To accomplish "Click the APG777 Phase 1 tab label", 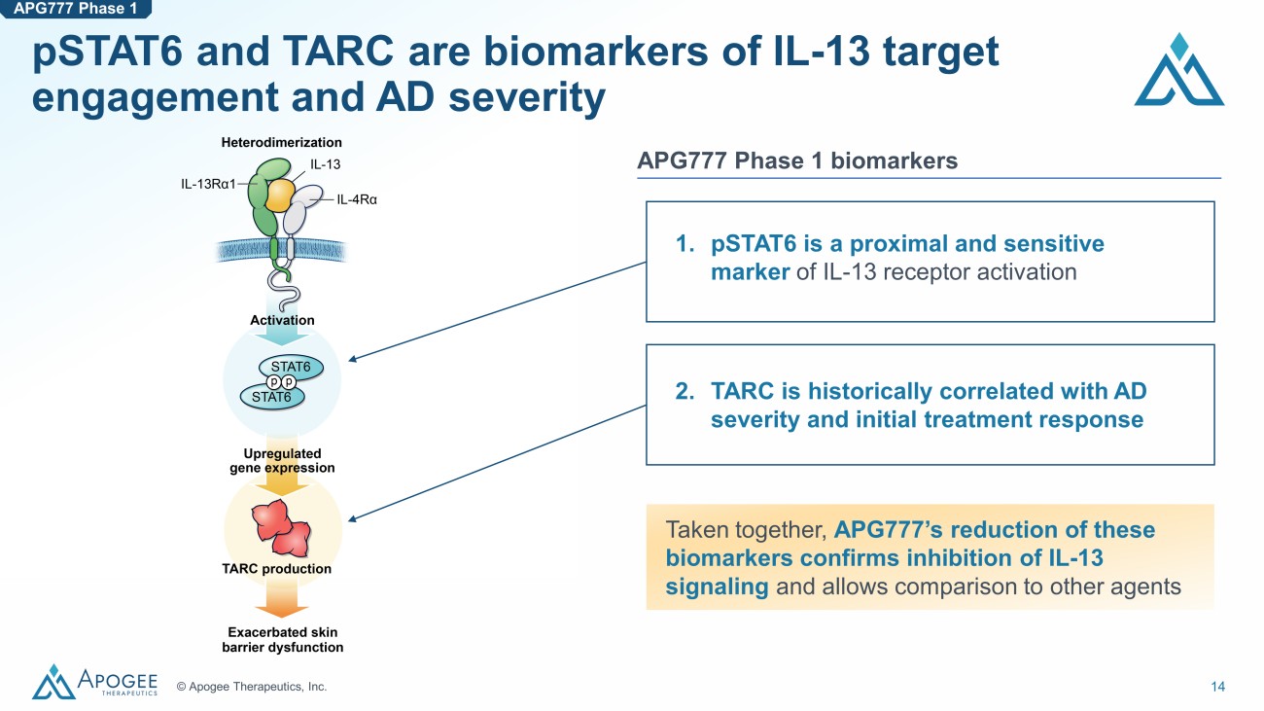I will pyautogui.click(x=75, y=11).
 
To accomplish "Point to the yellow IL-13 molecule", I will pyautogui.click(x=278, y=195).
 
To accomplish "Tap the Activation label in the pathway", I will pyautogui.click(x=281, y=320).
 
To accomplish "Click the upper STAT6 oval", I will pyautogui.click(x=290, y=367).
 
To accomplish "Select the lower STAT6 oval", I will pyautogui.click(x=271, y=397).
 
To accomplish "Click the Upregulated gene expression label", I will pyautogui.click(x=282, y=460).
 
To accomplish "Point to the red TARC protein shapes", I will pyautogui.click(x=282, y=526).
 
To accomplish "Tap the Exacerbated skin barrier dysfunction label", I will pyautogui.click(x=282, y=640).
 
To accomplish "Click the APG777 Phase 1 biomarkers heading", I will pyautogui.click(x=797, y=160).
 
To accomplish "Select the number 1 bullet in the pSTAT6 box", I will pyautogui.click(x=684, y=243).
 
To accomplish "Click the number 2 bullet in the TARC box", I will pyautogui.click(x=684, y=392).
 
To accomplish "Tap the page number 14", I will pyautogui.click(x=1217, y=687).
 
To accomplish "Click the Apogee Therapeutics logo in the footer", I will pyautogui.click(x=94, y=682).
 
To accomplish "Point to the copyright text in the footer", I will pyautogui.click(x=252, y=687).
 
